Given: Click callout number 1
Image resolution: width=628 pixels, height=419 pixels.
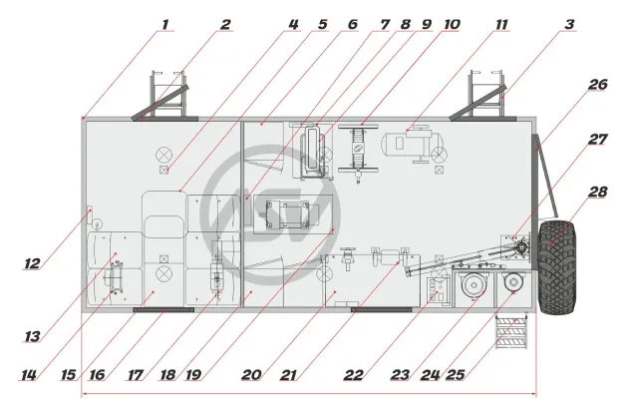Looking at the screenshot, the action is (x=165, y=25).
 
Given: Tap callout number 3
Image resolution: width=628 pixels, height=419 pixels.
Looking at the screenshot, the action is (x=569, y=25).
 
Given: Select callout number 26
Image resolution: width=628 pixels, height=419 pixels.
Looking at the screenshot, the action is (x=597, y=84).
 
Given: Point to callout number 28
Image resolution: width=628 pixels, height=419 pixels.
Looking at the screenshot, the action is (x=597, y=192).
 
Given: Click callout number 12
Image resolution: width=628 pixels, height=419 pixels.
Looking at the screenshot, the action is (x=32, y=263).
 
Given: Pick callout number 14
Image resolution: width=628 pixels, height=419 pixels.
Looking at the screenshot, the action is (x=29, y=375).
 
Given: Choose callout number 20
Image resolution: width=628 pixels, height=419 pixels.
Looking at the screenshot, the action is (x=251, y=375).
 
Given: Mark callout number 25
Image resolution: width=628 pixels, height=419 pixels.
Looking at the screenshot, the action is (x=456, y=375).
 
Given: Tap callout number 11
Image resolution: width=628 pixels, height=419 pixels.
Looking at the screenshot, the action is (x=501, y=25).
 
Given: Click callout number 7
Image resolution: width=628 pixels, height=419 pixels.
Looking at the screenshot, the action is (x=385, y=25).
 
